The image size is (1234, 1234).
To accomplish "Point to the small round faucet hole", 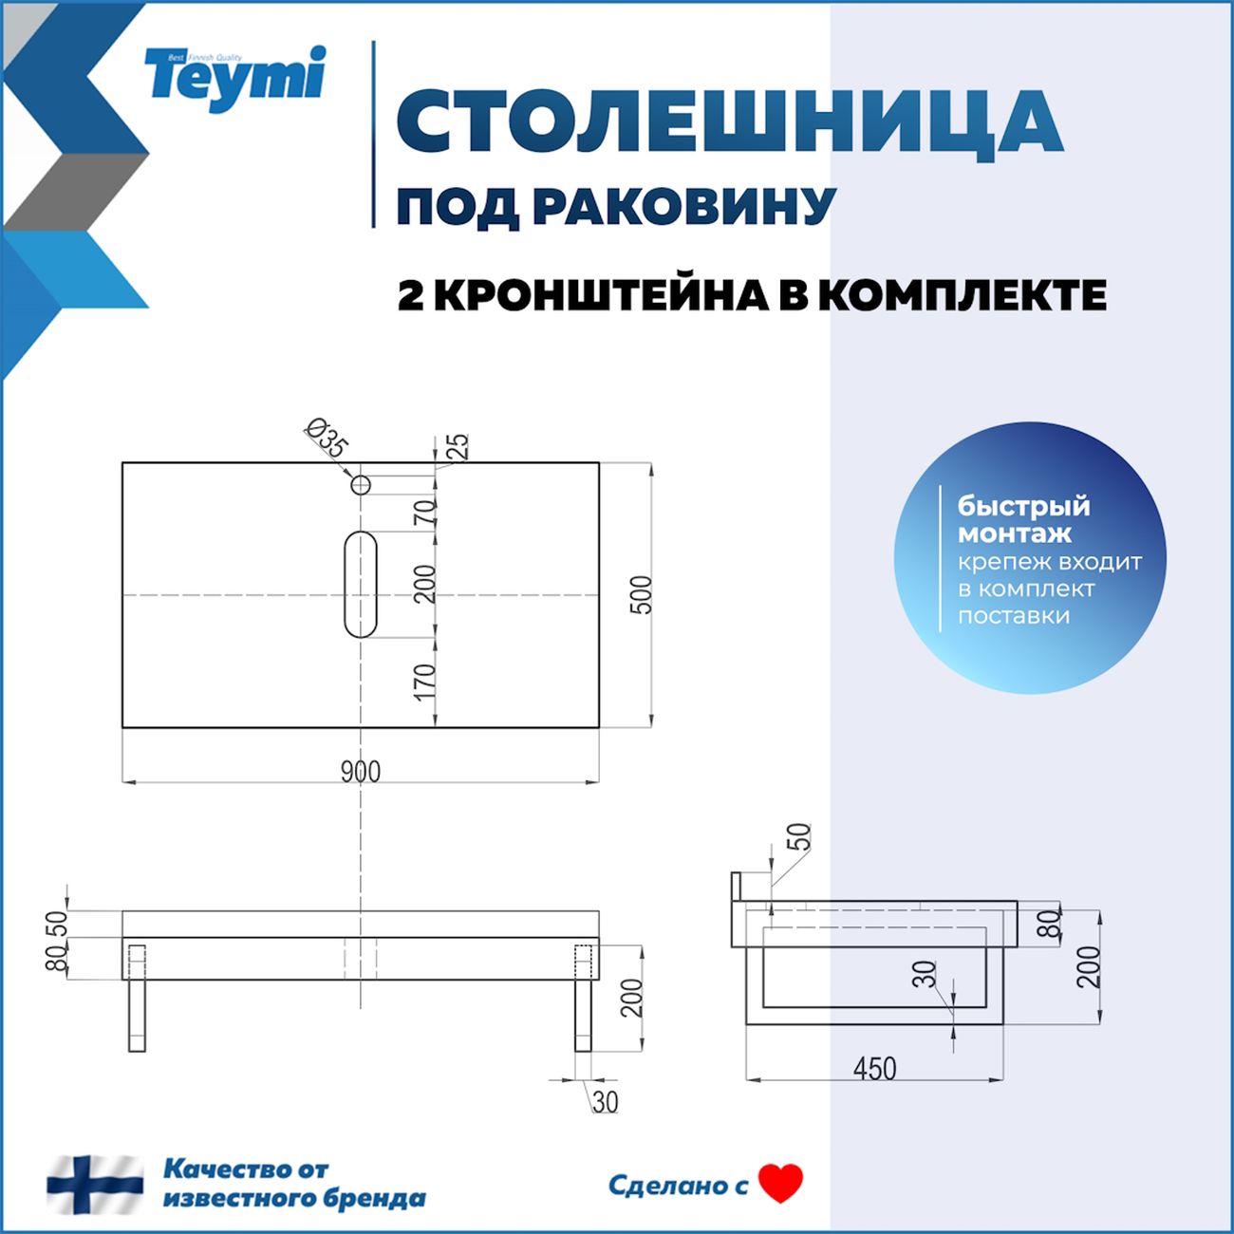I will click(361, 485).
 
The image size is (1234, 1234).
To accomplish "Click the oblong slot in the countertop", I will click(361, 583).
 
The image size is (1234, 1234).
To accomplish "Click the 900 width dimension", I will click(361, 772).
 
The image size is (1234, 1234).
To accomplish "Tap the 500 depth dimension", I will click(643, 595).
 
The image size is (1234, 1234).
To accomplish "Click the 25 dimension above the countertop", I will click(458, 445).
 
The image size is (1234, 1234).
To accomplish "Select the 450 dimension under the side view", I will click(874, 1069).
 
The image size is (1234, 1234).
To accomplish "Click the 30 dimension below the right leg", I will click(605, 1101).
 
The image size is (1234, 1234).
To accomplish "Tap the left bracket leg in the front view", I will click(137, 997).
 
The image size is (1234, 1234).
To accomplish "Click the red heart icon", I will click(781, 1183).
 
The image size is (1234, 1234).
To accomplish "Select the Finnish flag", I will click(95, 1184).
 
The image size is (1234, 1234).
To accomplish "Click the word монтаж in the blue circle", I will click(1014, 533).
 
